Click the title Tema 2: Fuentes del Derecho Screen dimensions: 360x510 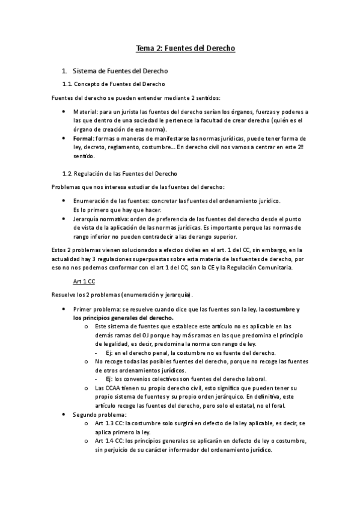(180, 48)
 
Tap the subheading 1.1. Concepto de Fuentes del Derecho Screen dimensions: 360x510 (114, 84)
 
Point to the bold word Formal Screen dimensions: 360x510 (84, 138)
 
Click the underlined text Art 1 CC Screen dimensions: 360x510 (84, 281)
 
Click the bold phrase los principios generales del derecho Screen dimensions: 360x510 (123, 318)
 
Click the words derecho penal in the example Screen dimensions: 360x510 (147, 352)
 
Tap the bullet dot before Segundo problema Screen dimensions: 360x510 (65, 415)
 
